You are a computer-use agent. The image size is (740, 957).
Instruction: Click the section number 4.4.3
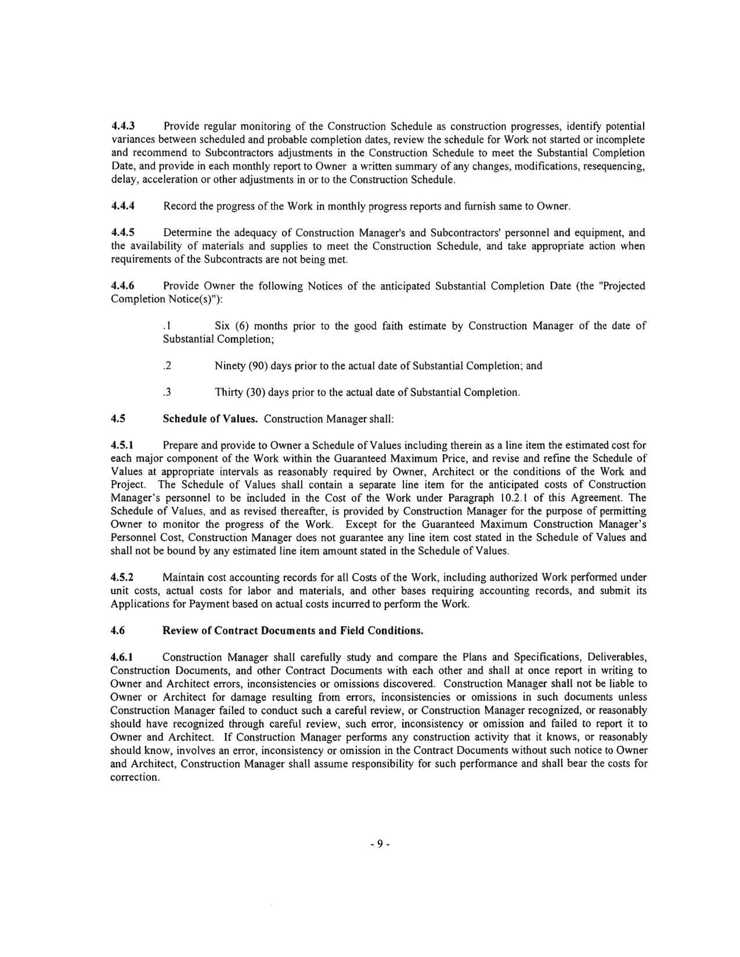[x=122, y=126]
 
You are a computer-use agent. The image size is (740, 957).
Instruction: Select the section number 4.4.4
[x=122, y=206]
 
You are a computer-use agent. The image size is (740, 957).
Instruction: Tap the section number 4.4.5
[x=122, y=233]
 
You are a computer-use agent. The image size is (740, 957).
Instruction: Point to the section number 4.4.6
[x=122, y=286]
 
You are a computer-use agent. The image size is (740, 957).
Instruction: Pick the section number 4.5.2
[x=122, y=578]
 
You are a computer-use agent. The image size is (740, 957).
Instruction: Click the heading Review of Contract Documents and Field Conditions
[x=293, y=631]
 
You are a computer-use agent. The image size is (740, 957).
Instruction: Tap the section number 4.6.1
[x=122, y=657]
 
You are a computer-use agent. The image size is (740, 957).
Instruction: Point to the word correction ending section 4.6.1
[x=134, y=777]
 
